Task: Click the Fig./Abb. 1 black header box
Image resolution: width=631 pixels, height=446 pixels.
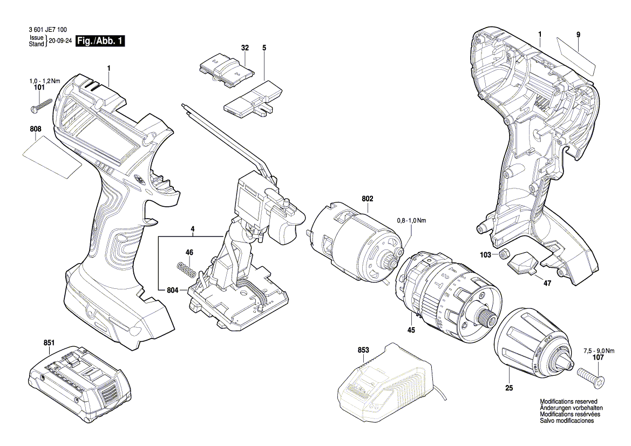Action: click(101, 42)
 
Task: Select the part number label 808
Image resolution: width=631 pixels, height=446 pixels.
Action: click(35, 130)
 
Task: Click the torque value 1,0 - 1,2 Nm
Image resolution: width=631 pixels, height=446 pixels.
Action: click(44, 80)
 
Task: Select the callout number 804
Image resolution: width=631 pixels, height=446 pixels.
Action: click(172, 290)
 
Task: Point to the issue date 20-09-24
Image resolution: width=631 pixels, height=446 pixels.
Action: click(59, 42)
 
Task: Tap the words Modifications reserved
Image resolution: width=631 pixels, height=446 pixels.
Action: click(568, 402)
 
